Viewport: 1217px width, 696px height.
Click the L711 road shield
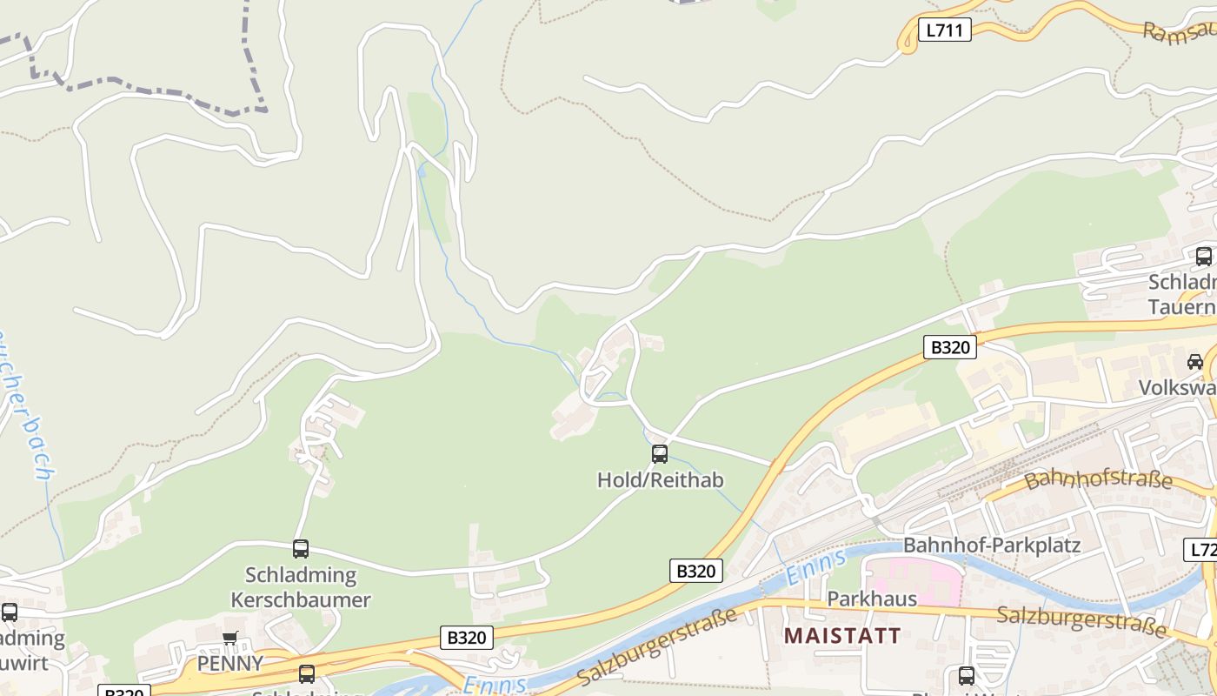(944, 30)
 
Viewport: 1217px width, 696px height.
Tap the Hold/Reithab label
(660, 480)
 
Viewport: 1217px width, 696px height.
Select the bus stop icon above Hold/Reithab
(660, 453)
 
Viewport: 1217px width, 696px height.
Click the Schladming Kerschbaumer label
(301, 587)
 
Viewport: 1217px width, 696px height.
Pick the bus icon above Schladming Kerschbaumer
(301, 549)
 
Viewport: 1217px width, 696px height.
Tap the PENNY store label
(229, 663)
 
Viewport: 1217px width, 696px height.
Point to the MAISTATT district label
(842, 635)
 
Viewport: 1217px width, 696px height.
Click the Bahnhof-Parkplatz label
(992, 545)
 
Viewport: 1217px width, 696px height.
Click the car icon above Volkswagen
(1195, 361)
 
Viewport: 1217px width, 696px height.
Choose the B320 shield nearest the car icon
(950, 347)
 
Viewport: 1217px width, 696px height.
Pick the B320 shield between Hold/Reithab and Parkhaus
(696, 571)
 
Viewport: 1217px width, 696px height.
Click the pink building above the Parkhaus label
(913, 579)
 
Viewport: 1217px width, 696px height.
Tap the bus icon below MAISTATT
(966, 675)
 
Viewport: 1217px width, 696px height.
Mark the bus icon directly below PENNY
(307, 674)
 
